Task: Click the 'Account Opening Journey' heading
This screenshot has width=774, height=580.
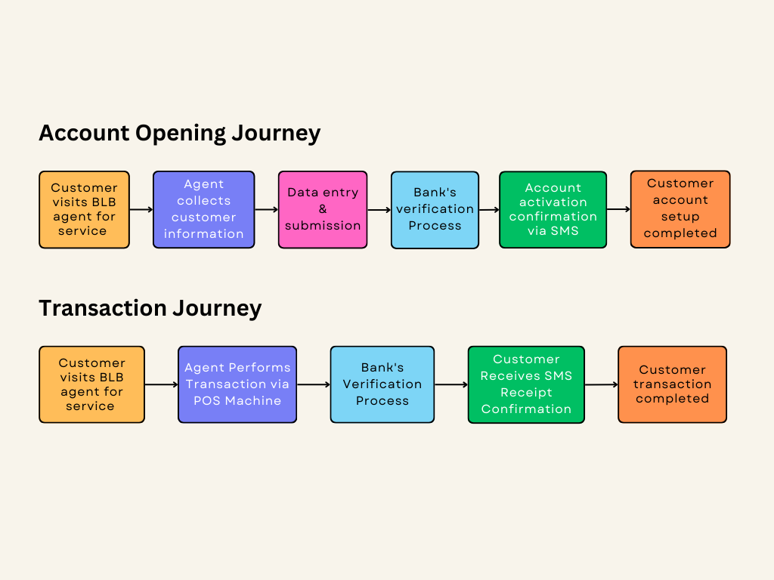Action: click(179, 133)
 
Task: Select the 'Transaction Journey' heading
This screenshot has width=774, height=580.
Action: click(150, 308)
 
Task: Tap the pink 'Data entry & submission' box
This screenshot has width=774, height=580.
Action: click(323, 209)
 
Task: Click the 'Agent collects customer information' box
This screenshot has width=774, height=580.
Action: click(203, 209)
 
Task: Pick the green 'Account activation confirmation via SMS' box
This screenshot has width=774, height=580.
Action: click(553, 209)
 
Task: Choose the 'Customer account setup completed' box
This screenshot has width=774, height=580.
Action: click(680, 208)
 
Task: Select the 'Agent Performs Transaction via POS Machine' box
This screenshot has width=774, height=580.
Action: click(237, 384)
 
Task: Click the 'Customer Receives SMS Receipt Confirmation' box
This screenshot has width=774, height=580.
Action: click(526, 384)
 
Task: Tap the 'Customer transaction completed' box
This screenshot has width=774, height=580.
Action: click(672, 384)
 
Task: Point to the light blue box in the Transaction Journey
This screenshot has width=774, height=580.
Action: click(382, 384)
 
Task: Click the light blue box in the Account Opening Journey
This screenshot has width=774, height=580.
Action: click(435, 209)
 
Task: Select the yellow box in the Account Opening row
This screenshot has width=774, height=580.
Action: click(84, 209)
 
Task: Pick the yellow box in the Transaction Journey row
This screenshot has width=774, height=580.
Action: click(91, 384)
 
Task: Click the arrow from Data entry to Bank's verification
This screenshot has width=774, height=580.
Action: click(379, 210)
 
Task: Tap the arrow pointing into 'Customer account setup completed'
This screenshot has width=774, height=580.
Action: click(618, 209)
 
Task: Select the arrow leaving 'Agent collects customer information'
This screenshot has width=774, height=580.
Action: click(266, 210)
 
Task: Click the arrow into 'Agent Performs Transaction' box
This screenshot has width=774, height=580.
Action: click(161, 384)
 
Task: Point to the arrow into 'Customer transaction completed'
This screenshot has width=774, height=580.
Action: click(601, 384)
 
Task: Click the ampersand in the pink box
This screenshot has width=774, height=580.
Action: click(323, 209)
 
